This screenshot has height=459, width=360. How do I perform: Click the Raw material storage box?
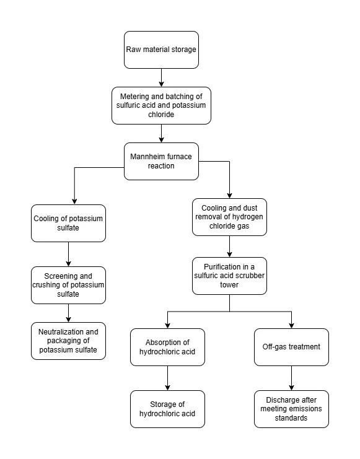click(161, 50)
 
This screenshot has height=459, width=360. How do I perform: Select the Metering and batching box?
click(161, 105)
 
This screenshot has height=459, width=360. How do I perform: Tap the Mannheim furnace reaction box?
click(161, 161)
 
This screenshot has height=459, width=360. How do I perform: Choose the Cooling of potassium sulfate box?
click(68, 223)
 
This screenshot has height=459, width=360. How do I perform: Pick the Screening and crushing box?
click(68, 285)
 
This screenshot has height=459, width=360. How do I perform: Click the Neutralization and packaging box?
click(68, 341)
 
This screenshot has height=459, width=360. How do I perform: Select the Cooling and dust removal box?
click(229, 217)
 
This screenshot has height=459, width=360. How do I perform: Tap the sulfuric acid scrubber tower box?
click(229, 276)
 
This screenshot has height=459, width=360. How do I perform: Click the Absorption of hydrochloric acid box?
click(167, 347)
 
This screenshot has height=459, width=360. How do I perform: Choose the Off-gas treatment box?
click(291, 347)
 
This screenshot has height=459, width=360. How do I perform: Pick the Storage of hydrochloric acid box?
click(167, 409)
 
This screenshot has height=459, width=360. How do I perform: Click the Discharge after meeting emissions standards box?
click(291, 409)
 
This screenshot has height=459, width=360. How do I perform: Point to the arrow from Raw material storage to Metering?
click(161, 77)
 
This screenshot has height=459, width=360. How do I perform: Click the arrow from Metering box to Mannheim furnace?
click(161, 133)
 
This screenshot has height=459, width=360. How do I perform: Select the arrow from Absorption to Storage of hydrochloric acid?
click(167, 378)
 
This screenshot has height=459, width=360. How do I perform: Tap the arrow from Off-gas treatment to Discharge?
click(291, 378)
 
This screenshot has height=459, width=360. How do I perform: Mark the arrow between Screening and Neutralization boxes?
click(68, 313)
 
